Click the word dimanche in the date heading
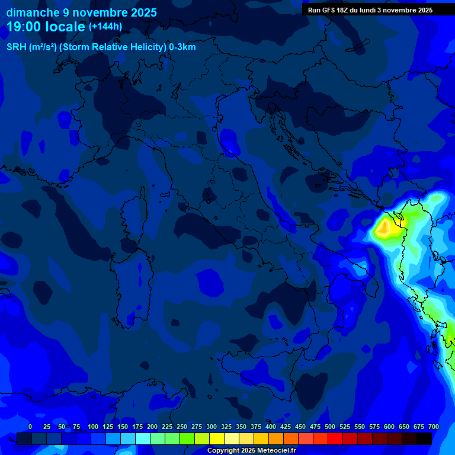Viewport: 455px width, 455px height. coord(33,12)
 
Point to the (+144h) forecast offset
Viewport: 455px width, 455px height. coord(105,27)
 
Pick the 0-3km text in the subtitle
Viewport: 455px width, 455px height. coord(182,47)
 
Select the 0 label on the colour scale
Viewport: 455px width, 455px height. coord(30,427)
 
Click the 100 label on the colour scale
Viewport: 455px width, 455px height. coord(93,427)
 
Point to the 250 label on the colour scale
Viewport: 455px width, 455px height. coord(182,427)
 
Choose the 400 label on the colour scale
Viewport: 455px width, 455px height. coord(271,427)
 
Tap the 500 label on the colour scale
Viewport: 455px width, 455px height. coord(330,427)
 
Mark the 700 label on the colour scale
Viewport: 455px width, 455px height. coord(434,427)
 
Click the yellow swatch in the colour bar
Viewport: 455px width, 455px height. coord(217,438)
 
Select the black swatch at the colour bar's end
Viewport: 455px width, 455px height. coord(424,438)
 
